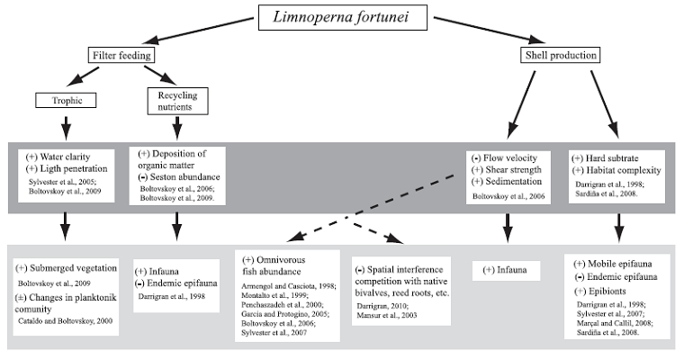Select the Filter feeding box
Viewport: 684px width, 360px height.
124,56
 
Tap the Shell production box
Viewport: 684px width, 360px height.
559,56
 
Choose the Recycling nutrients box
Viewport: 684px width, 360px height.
176,99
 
